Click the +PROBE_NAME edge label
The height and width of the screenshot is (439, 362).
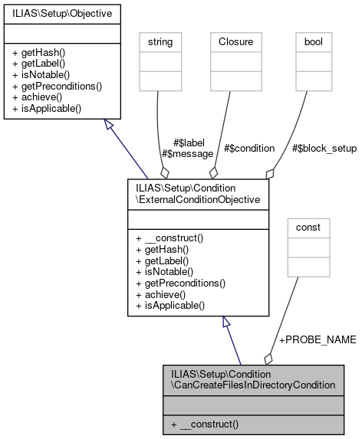316,339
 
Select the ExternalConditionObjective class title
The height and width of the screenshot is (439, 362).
198,194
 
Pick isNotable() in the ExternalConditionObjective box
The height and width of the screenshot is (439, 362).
166,273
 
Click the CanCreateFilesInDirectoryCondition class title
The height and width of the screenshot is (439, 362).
252,379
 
